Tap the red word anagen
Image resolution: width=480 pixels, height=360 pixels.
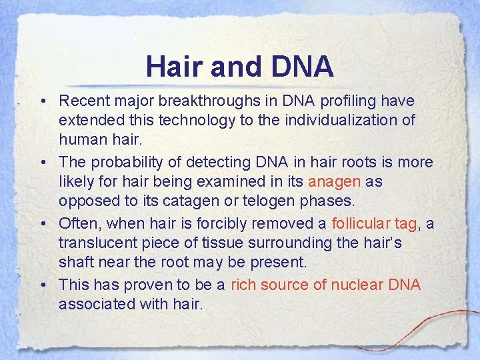tap(334, 181)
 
